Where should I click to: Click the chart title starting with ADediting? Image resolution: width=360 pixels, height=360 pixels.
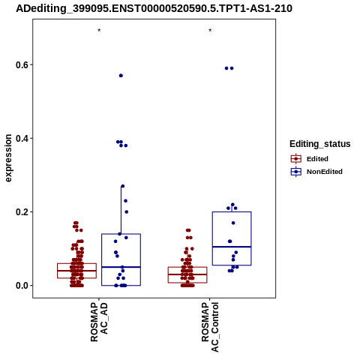point(154,9)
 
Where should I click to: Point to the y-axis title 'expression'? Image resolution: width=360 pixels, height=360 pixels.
point(8,158)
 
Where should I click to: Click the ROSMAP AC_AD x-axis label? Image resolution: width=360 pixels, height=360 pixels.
point(99,322)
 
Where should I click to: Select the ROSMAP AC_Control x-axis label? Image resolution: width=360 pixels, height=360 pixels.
point(210,327)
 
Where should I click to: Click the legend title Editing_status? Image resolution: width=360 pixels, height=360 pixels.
point(320,144)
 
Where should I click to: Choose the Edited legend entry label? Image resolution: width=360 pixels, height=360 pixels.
point(317,159)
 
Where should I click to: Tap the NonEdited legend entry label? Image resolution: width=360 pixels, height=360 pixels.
point(325,172)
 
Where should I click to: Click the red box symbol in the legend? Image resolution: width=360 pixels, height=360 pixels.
point(296,159)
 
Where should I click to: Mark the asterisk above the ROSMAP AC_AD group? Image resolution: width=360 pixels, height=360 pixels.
point(99,31)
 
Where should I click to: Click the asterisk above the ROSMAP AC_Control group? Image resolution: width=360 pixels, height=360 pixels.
point(210,31)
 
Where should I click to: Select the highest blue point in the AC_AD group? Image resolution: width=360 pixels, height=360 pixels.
point(121,76)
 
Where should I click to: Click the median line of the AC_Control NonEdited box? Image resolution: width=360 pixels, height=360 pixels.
point(232,247)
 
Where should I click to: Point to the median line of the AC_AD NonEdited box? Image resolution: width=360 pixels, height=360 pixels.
point(121,267)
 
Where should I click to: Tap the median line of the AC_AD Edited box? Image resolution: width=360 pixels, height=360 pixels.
point(76,271)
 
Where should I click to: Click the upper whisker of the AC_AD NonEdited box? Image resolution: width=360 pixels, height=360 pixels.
point(121,210)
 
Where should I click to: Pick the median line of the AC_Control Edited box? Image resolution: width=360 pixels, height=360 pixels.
point(187,274)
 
